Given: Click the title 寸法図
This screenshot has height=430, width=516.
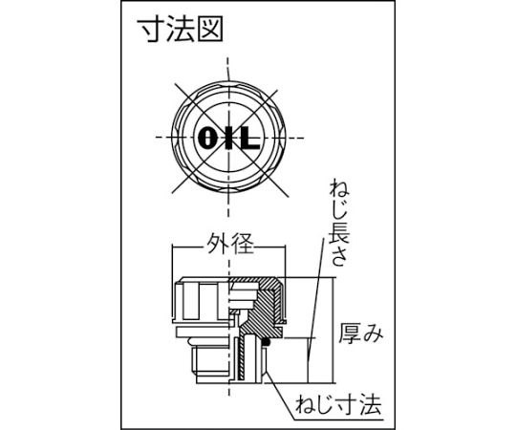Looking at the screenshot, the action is coord(182,30).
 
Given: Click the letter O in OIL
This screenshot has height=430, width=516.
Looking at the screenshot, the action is coord(207,138).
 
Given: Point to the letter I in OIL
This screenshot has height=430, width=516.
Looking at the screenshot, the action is coord(227,138).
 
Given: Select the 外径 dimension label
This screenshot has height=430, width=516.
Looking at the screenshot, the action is coord(230,244).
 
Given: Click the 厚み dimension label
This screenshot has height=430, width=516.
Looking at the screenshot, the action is coord(361,333).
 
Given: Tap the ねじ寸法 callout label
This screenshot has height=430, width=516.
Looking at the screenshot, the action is coord(338,404).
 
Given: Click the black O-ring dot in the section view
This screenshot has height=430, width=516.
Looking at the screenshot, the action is coord(267,342).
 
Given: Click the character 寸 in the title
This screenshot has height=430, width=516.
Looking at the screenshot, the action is coord(153,30).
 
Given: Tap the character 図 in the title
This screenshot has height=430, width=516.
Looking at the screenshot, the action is coord(210,30).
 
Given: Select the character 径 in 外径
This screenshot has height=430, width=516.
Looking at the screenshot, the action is coord(243,244).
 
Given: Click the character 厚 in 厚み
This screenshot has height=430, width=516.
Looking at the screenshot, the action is coord(350,333).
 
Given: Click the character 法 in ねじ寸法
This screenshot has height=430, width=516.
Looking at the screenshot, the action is coord(371,404).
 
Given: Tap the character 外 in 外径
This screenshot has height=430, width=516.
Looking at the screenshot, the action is coord(218,244).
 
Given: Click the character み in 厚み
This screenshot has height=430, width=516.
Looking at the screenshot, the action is coord(373,333).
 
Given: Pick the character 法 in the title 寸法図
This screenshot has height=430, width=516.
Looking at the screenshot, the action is coord(182,30).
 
